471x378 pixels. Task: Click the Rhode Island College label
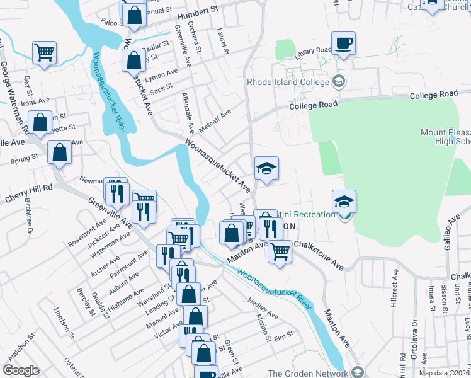click(288, 82)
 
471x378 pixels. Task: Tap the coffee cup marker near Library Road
click(343, 44)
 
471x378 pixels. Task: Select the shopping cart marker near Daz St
click(44, 53)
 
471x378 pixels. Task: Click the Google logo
click(21, 370)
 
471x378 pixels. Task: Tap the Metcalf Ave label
click(215, 120)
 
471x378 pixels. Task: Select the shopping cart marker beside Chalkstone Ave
click(280, 251)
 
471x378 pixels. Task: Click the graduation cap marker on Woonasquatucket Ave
click(266, 169)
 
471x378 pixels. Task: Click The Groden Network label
click(307, 373)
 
